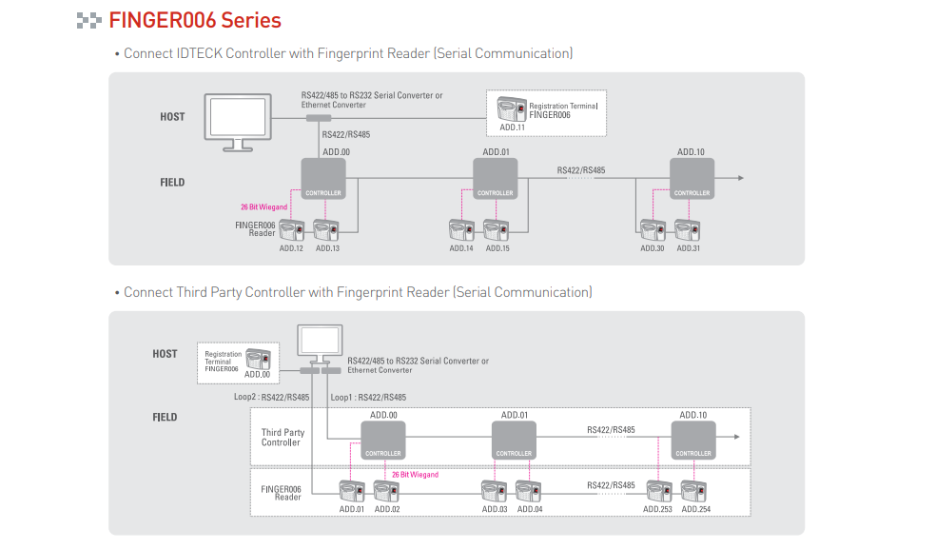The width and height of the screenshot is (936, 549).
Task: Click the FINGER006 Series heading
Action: pyautogui.click(x=195, y=20)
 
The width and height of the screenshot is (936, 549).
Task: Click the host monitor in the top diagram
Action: pyautogui.click(x=237, y=119)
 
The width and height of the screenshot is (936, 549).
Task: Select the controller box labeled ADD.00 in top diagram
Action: pyautogui.click(x=323, y=179)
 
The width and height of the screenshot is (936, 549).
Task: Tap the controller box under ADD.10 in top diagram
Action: pyautogui.click(x=692, y=179)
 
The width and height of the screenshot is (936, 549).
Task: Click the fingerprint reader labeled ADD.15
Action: pyautogui.click(x=497, y=230)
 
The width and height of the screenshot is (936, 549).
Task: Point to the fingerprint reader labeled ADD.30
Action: pyautogui.click(x=653, y=230)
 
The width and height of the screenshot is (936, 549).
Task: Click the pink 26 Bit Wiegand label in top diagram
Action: pyautogui.click(x=264, y=206)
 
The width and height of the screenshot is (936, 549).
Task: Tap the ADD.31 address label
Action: pyautogui.click(x=689, y=248)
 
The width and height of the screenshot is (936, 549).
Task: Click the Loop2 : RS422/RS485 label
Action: pyautogui.click(x=271, y=398)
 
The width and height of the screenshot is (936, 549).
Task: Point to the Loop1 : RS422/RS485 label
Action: pyautogui.click(x=368, y=398)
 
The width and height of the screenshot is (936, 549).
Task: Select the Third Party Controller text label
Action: pyautogui.click(x=283, y=438)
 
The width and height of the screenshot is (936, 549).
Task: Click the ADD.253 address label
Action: pyautogui.click(x=657, y=510)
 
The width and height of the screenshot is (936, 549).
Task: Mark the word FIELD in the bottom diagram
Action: pyautogui.click(x=165, y=417)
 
